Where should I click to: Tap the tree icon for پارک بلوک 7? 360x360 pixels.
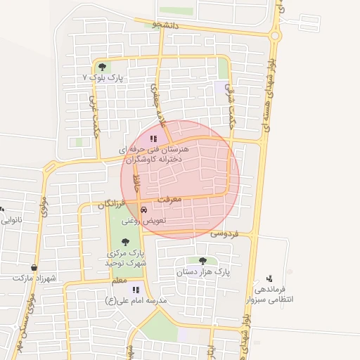[x=103, y=67]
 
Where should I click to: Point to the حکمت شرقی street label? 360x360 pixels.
[x=231, y=106]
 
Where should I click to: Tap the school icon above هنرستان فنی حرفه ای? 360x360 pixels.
[x=154, y=139]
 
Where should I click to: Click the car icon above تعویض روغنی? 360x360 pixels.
[x=144, y=210]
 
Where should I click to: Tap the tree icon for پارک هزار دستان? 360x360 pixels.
[x=202, y=260]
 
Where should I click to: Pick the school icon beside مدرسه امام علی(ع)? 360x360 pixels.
[x=136, y=289]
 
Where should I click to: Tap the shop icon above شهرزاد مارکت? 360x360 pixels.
[x=34, y=267]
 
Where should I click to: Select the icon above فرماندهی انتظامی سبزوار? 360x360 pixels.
[x=269, y=278]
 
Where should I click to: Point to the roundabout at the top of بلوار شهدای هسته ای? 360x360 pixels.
[x=276, y=35]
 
